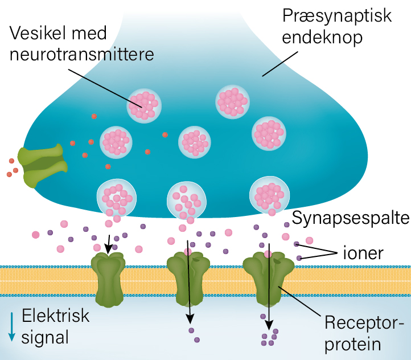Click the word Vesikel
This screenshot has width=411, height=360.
click(35, 34)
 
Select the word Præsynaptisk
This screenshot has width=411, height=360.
click(337, 16)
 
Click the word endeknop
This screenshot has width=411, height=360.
click(323, 38)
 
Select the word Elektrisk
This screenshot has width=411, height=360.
click(56, 315)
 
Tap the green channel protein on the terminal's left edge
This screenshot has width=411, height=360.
click(42, 165)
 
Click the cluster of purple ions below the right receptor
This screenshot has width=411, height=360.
click(269, 337)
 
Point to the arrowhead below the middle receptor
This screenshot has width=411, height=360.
click(190, 318)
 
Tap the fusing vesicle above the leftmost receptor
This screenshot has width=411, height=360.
click(116, 198)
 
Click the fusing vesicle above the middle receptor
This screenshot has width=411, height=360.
click(186, 200)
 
